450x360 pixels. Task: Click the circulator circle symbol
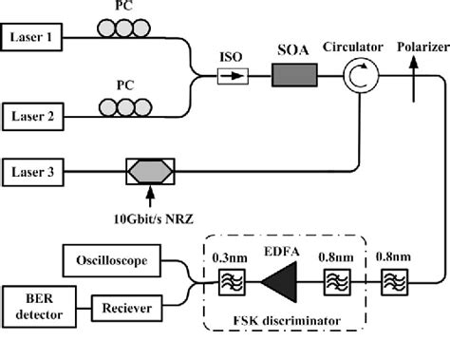coord(355,72)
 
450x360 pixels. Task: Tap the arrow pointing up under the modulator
coord(148,196)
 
